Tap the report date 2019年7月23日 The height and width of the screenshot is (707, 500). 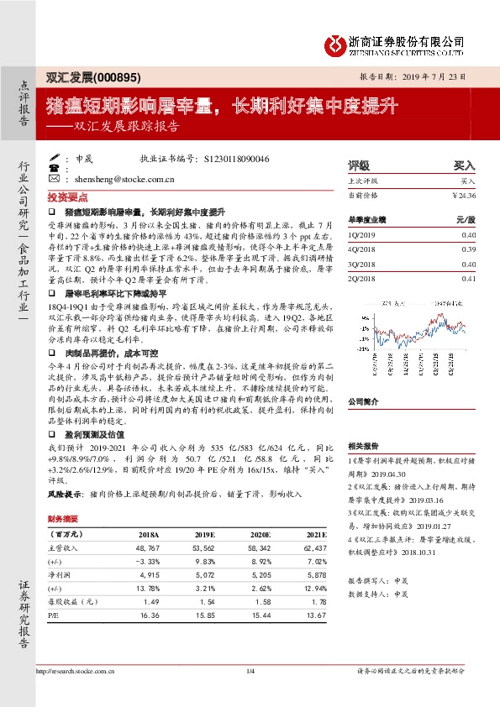pyautogui.click(x=438, y=76)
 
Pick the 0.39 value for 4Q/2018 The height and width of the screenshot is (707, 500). pyautogui.click(x=468, y=249)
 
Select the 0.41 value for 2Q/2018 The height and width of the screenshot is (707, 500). pyautogui.click(x=468, y=278)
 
